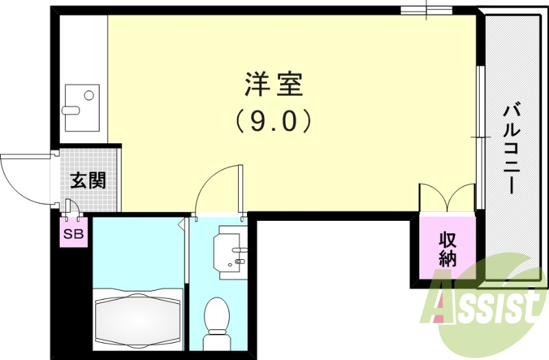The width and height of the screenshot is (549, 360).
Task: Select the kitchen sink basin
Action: (82, 107)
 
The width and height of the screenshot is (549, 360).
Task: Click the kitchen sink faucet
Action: (71, 110)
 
